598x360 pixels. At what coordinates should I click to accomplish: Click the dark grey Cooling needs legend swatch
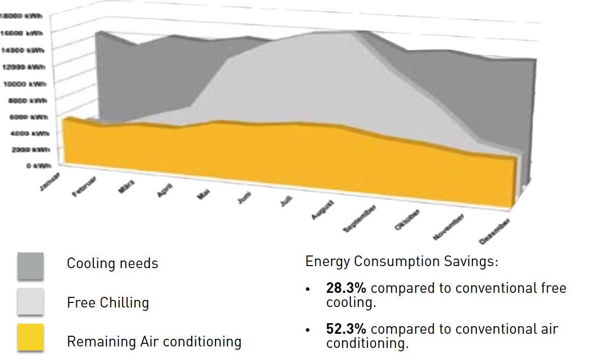pos(30,266)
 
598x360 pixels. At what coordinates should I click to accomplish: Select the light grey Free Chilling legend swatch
pos(30,302)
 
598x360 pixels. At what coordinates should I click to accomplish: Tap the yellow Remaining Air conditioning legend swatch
pos(30,337)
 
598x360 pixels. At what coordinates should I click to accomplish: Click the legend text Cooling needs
pos(112,263)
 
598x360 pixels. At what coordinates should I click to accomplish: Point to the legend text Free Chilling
pos(107,302)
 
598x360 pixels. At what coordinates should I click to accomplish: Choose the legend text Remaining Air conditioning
pos(154,341)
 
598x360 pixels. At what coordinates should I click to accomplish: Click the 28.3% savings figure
pos(346,288)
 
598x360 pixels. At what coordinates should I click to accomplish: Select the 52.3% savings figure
pos(346,329)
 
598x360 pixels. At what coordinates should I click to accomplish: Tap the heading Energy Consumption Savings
pos(402,262)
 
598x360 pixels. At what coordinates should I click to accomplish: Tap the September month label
pos(360,218)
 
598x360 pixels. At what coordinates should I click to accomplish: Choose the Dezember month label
pos(495,232)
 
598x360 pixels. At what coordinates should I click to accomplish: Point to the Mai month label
pos(203,194)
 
